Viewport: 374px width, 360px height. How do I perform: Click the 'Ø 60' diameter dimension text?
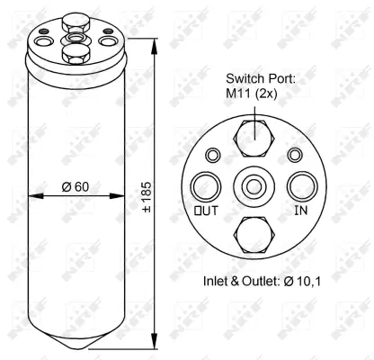point(75,186)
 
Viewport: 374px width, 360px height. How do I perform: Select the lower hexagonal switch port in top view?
point(254,233)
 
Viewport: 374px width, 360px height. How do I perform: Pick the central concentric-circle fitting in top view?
point(254,185)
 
